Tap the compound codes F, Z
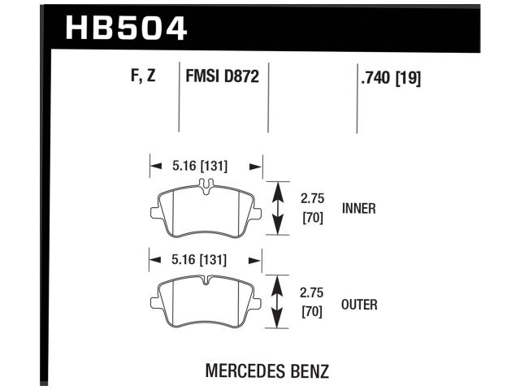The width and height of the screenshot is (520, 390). click(143, 78)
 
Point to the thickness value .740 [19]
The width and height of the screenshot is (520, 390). click(389, 79)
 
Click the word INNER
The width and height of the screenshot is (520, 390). click(358, 209)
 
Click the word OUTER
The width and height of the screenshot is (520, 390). click(360, 305)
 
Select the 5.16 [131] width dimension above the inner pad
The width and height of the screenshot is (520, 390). click(200, 167)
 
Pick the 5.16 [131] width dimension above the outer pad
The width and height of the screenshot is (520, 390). click(200, 261)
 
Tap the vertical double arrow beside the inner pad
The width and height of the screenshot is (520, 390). click(279, 208)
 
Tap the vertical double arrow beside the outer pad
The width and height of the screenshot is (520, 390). click(279, 303)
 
